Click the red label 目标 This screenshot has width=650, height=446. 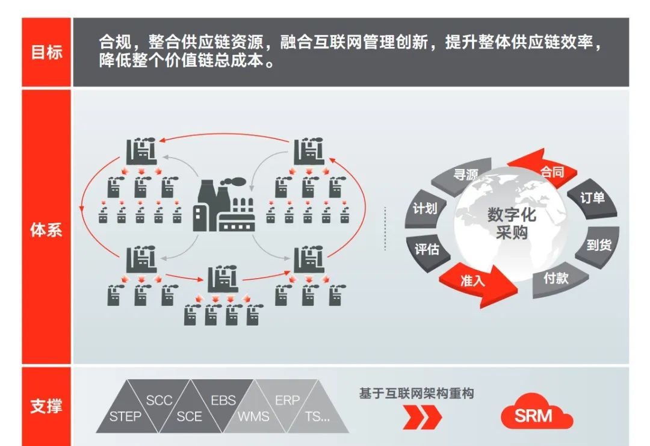tap(46, 52)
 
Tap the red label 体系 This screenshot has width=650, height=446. tap(46, 230)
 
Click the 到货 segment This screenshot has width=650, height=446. tap(598, 245)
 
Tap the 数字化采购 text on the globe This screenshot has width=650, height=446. tap(512, 223)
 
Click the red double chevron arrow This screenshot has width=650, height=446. tap(421, 417)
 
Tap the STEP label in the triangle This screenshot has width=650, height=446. tap(126, 417)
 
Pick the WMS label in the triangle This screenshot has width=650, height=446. tap(253, 417)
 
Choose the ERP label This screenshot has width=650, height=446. tap(287, 400)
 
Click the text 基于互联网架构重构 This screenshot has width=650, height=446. tap(416, 394)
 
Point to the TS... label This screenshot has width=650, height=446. tap(318, 417)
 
